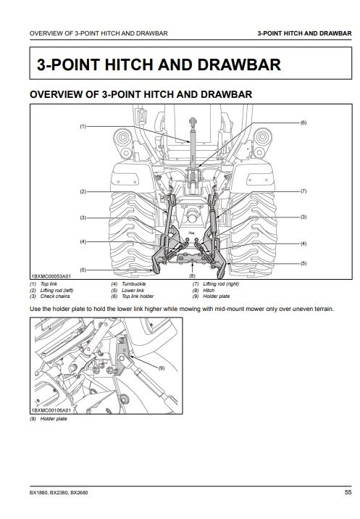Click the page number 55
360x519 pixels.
348,492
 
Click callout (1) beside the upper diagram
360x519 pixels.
83,126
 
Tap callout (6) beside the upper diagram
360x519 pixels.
304,123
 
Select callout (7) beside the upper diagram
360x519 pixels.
304,191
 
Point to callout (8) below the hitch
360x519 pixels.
192,275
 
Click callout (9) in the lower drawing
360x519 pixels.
162,368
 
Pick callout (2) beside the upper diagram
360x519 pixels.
83,191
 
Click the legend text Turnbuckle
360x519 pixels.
134,284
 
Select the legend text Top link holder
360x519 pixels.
138,296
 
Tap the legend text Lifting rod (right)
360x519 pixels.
221,284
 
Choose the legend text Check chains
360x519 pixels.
55,296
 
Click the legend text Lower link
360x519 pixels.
133,290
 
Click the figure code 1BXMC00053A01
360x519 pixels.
51,275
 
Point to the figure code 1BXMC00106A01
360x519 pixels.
51,410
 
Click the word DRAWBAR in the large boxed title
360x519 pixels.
239,65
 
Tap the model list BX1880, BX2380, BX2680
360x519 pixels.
59,492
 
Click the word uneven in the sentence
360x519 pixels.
302,309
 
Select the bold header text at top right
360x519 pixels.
304,33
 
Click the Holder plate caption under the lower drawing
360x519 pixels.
54,419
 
